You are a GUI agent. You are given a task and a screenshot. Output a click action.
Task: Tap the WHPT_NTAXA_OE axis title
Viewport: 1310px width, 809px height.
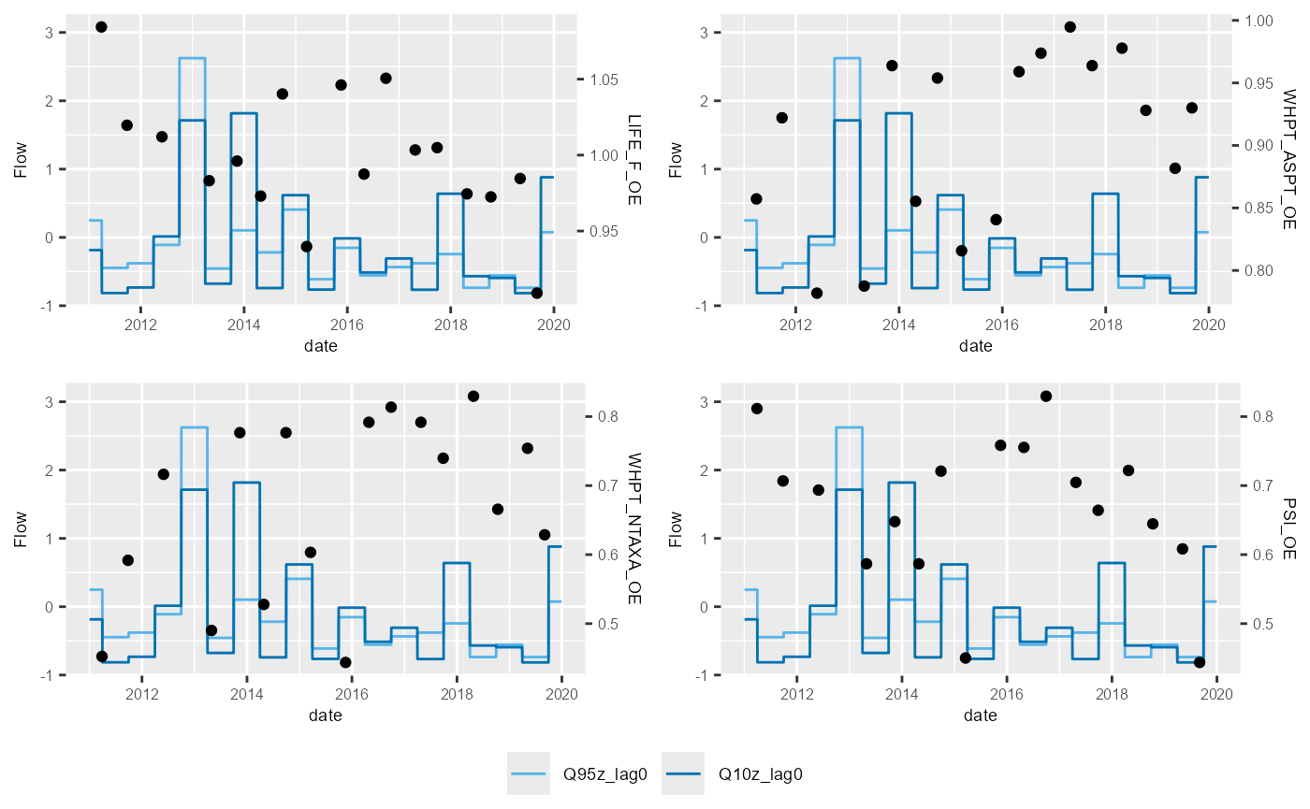pos(633,528)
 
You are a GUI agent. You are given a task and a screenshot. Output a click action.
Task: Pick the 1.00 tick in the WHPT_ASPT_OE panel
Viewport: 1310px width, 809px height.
pos(1258,21)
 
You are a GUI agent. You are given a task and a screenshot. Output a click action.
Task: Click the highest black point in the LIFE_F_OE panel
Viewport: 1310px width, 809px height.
pos(101,27)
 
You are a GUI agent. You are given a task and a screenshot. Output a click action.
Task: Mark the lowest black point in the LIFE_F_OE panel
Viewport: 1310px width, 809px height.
pos(536,293)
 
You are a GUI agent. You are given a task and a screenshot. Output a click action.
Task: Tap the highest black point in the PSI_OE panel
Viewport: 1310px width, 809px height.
pos(1045,397)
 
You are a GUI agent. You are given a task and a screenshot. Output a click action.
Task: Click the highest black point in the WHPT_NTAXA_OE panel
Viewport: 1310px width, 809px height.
pos(473,397)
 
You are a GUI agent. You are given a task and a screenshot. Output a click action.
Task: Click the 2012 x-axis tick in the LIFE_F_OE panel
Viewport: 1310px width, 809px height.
pos(140,325)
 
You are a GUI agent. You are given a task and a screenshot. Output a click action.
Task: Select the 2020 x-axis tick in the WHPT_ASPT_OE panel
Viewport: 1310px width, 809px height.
pos(1209,325)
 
